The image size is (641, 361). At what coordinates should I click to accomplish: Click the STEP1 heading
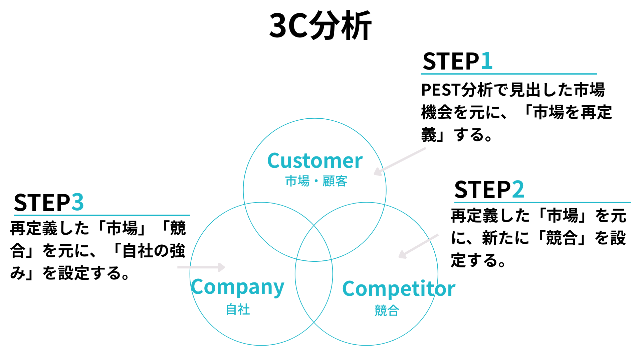[x=457, y=61]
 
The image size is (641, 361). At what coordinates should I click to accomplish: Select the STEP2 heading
[x=489, y=190]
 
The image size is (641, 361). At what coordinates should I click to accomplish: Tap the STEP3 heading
[x=48, y=203]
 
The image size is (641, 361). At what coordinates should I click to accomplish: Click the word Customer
[x=315, y=161]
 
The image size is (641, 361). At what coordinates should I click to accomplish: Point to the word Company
[x=237, y=287]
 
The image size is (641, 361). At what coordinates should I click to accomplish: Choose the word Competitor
[x=399, y=289]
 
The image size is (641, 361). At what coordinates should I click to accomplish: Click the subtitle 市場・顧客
[x=316, y=181]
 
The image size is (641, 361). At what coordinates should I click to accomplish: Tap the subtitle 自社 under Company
[x=238, y=310]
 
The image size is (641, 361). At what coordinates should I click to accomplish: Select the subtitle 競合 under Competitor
[x=387, y=311]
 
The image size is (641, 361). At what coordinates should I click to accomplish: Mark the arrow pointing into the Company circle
[x=201, y=267]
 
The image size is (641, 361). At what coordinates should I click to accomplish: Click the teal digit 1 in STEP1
[x=486, y=61]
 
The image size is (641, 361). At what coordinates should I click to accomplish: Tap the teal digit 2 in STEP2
[x=518, y=190]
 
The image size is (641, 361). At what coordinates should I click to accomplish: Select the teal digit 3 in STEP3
[x=77, y=203]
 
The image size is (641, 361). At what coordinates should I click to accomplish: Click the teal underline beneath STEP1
[x=508, y=74]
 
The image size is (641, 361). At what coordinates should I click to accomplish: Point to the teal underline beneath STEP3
[x=102, y=215]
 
